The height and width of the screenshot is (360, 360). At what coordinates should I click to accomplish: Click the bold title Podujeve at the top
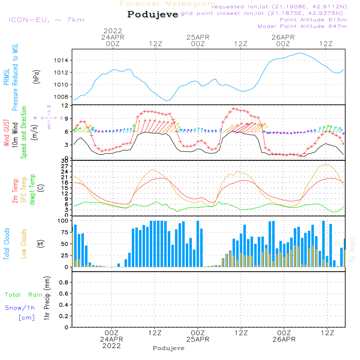click(x=153, y=14)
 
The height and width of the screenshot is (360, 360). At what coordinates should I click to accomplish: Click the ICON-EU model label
click(x=46, y=20)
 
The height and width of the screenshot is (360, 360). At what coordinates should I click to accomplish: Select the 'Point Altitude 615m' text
click(x=313, y=20)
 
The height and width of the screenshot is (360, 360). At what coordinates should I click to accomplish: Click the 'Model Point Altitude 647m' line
click(x=302, y=26)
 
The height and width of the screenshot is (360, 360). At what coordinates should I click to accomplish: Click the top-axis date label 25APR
click(x=198, y=37)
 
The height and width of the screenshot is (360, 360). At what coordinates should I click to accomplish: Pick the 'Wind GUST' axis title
click(x=7, y=133)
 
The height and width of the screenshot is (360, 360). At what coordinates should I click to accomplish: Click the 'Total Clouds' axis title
click(x=7, y=244)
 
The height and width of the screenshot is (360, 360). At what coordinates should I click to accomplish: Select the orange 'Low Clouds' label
click(x=24, y=244)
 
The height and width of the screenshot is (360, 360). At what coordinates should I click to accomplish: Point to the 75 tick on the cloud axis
click(x=64, y=233)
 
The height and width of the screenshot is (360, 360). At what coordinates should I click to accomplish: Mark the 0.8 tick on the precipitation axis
click(x=63, y=283)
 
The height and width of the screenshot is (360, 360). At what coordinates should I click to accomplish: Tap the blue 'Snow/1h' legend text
click(x=20, y=308)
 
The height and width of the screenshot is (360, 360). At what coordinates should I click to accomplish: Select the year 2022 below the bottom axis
click(x=112, y=346)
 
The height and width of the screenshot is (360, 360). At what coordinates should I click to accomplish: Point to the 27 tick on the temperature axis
click(x=66, y=166)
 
